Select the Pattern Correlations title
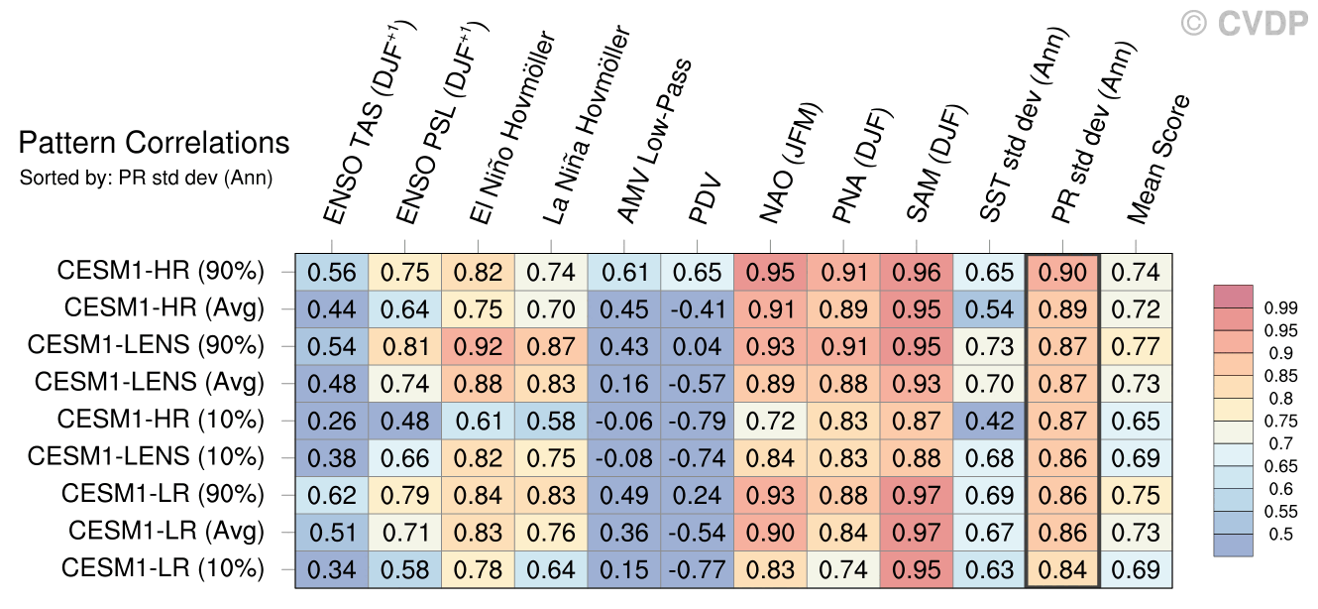pos(154,144)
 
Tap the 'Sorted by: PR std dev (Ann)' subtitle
pos(146,179)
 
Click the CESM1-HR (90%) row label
pos(161,271)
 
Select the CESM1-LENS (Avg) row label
pos(150,382)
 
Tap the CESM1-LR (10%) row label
pos(163,568)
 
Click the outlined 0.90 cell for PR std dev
pos(1062,272)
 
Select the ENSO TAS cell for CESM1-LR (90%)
pos(332,494)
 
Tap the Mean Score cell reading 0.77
pos(1136,345)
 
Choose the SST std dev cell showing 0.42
pos(989,419)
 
